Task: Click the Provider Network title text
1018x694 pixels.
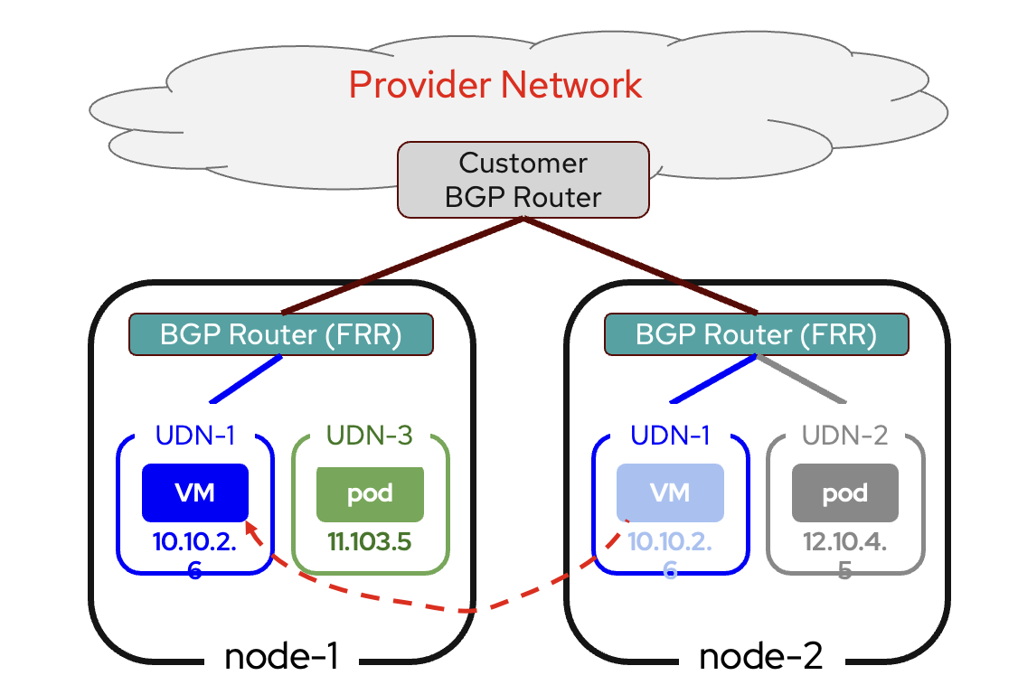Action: click(x=495, y=85)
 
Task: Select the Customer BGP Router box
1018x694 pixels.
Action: click(x=523, y=180)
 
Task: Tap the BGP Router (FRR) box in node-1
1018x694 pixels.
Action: click(x=281, y=334)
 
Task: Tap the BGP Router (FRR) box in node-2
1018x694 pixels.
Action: click(x=756, y=334)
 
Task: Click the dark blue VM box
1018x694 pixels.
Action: click(x=194, y=492)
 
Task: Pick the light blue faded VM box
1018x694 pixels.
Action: click(x=670, y=492)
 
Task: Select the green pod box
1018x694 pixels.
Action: click(x=370, y=493)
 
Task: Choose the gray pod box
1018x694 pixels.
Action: click(x=845, y=493)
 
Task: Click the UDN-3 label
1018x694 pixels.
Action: click(x=371, y=436)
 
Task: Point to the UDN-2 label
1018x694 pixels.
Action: click(x=845, y=436)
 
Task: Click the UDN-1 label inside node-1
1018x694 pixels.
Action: click(x=195, y=436)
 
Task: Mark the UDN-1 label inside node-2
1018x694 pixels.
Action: click(x=670, y=436)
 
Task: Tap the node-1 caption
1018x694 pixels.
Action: click(x=281, y=657)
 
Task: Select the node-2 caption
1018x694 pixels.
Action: click(x=761, y=657)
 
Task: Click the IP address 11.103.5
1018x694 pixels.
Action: click(x=371, y=542)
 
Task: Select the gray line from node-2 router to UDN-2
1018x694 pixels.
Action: click(x=801, y=379)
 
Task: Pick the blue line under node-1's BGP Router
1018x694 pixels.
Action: click(x=246, y=379)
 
